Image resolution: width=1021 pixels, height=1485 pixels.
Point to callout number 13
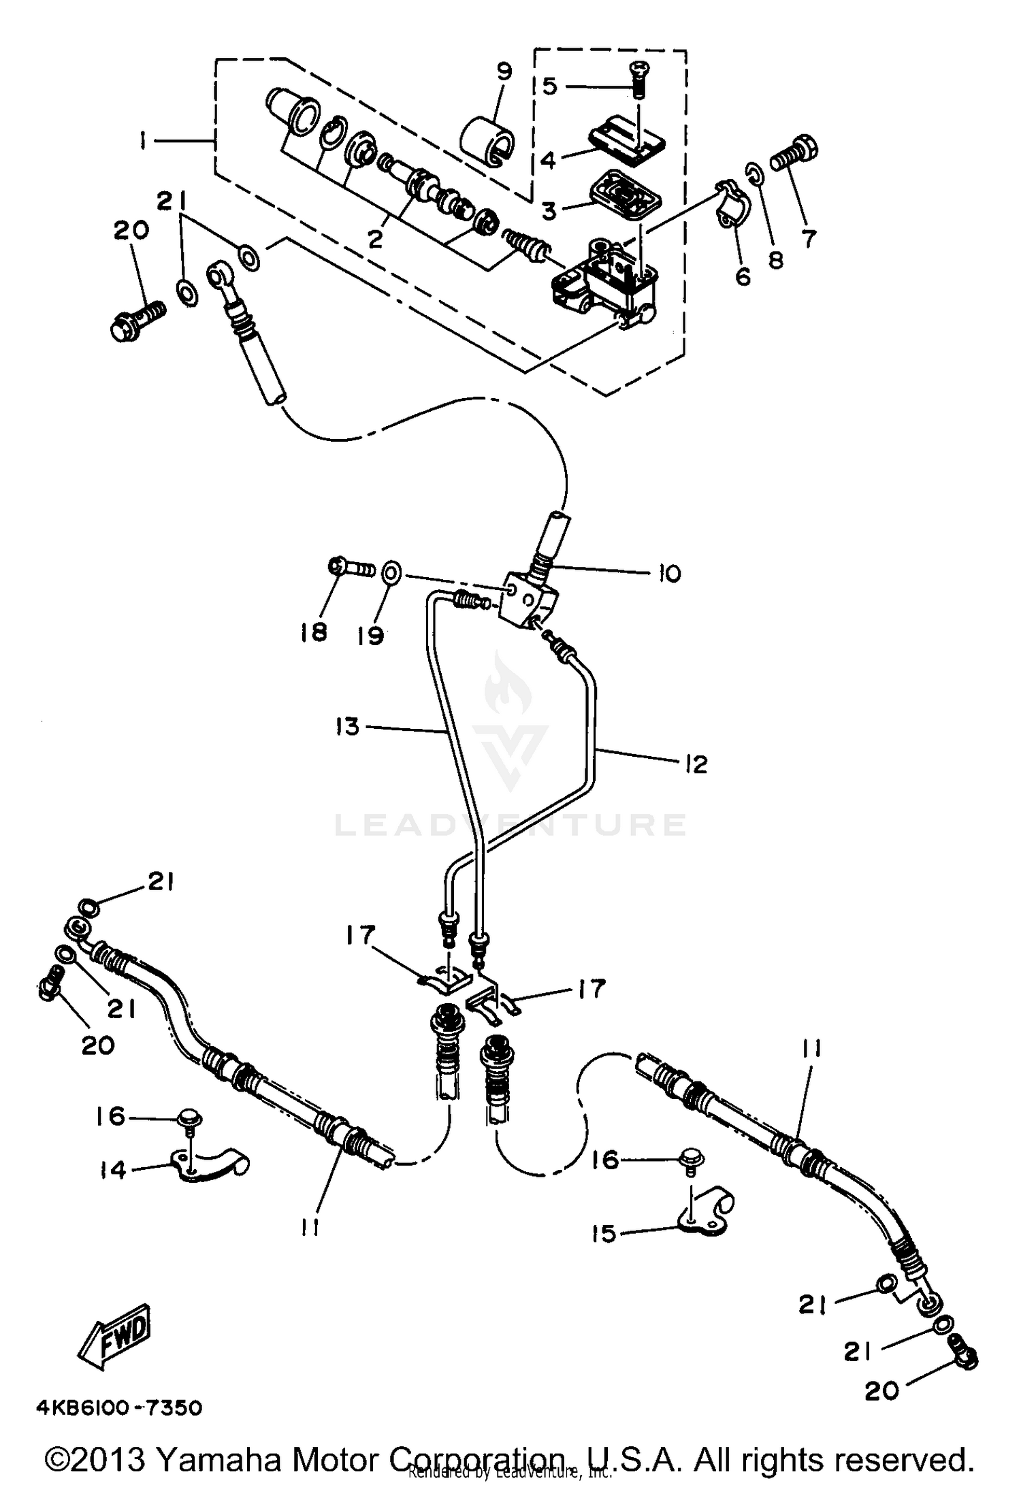[x=347, y=726]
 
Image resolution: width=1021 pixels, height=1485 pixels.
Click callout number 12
[x=696, y=763]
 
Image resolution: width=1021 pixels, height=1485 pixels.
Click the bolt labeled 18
[x=353, y=568]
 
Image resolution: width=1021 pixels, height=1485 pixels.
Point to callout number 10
[x=670, y=573]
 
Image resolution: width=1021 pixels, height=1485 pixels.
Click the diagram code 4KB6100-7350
[x=120, y=1407]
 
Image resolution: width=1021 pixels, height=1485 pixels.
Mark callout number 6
[x=743, y=276]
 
